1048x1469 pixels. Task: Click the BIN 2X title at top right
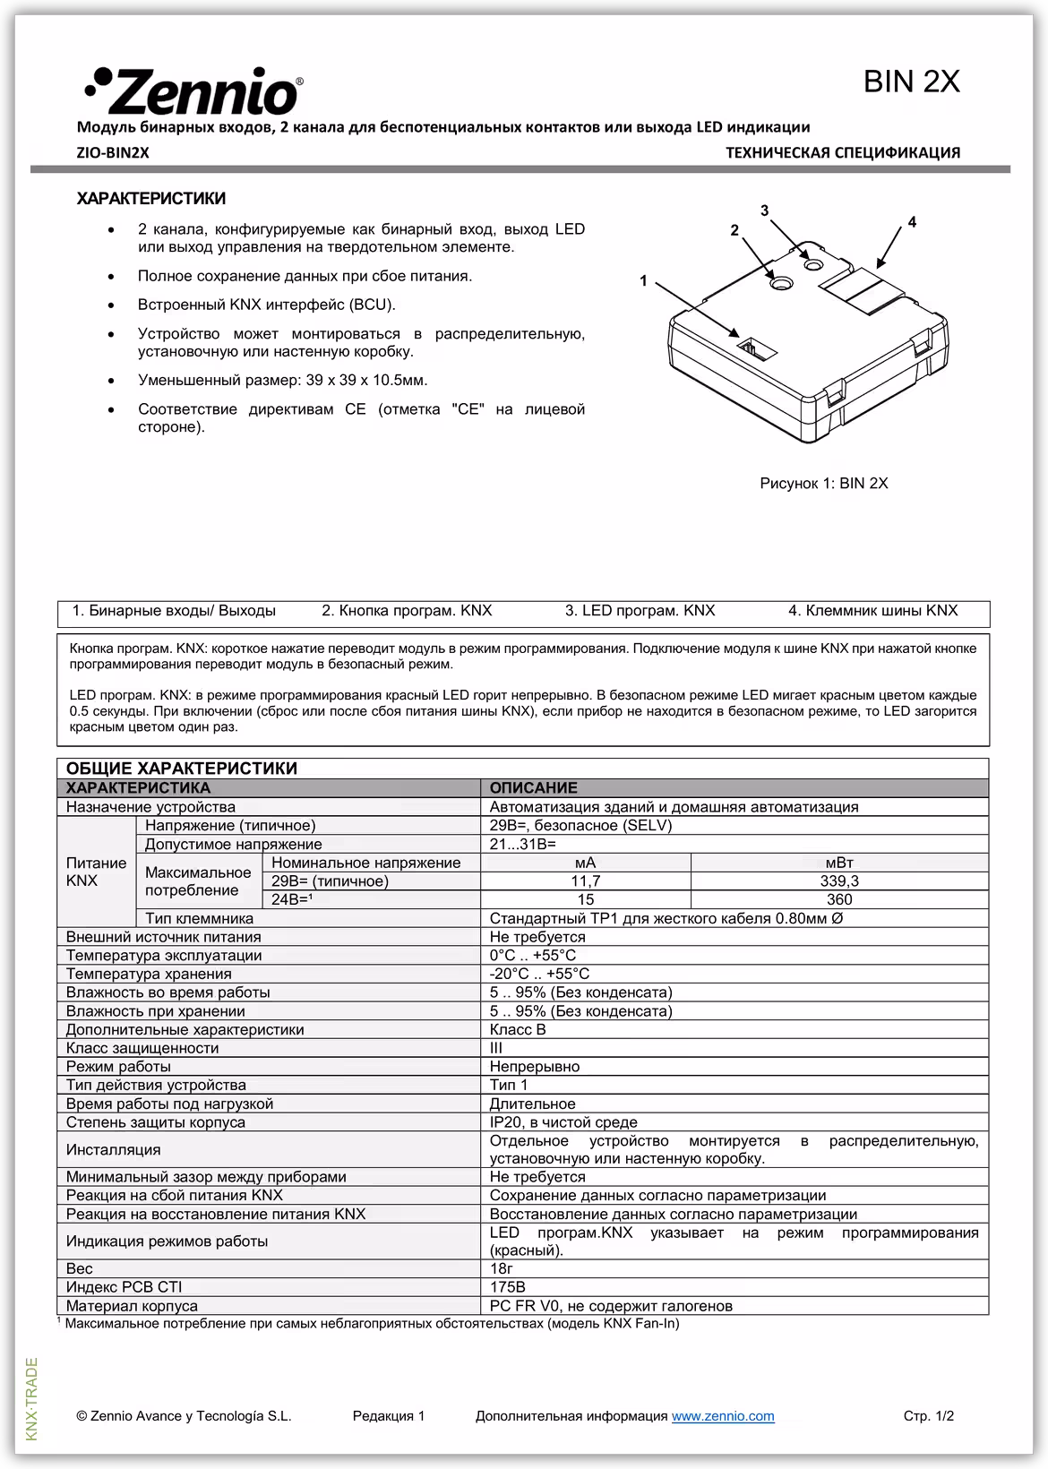coord(911,82)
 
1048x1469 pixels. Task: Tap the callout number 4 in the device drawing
coord(912,221)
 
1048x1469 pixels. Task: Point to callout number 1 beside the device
coord(643,281)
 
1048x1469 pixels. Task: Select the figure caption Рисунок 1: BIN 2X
coord(823,484)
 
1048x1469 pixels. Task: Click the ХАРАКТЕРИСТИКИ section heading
coord(151,199)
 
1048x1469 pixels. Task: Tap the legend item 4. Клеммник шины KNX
coord(872,611)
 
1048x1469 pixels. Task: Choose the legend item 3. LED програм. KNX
coord(640,611)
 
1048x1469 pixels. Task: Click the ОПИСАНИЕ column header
coord(534,788)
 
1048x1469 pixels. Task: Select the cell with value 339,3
coord(839,881)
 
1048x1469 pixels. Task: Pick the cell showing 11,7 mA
coord(585,881)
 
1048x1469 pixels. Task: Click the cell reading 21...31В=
coord(523,845)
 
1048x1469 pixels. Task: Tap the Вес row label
coord(80,1269)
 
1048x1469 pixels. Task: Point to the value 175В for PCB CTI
coord(508,1287)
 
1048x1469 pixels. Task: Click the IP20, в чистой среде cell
coord(563,1122)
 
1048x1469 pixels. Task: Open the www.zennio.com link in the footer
coord(723,1416)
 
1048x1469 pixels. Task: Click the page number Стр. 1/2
coord(928,1416)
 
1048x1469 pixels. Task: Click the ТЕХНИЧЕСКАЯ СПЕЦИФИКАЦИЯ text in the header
coord(842,153)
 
